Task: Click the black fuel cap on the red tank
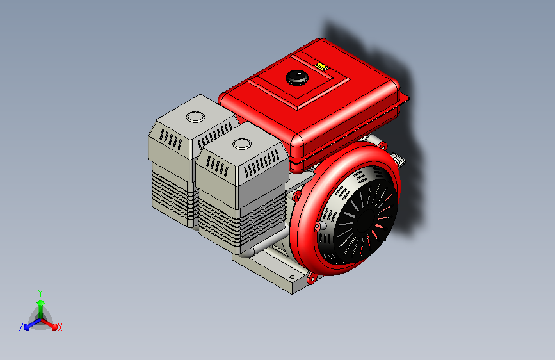click(296, 77)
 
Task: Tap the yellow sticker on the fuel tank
click(322, 65)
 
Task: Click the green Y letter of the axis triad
click(40, 292)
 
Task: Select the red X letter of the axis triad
click(60, 327)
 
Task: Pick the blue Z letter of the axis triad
click(21, 327)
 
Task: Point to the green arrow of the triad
click(40, 305)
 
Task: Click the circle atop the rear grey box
click(194, 117)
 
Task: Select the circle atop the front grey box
click(242, 143)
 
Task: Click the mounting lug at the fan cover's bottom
click(312, 278)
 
